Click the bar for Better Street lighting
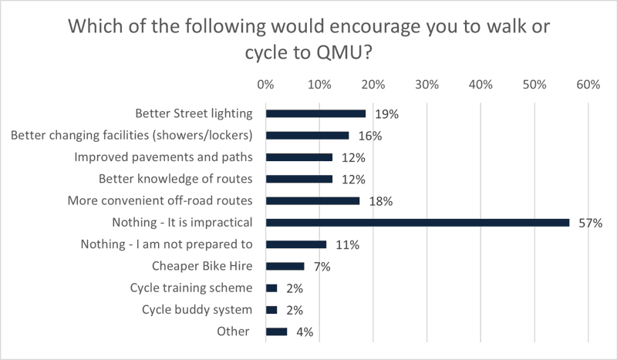315,113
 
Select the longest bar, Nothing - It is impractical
417,223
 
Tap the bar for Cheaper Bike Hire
285,267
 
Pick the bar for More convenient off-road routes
312,201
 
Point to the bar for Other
276,332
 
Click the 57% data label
590,224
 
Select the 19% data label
386,114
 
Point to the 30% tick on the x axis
427,83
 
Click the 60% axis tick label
588,83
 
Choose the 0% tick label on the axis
266,83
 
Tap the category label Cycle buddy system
197,310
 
